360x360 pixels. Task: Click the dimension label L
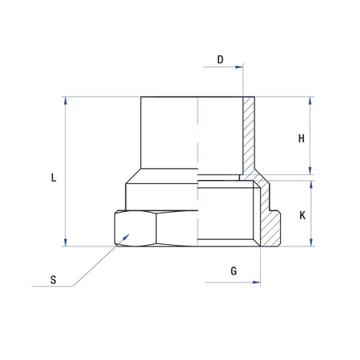[x=53, y=178]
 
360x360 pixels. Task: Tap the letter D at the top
[x=220, y=60]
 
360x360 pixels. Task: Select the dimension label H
[x=302, y=138]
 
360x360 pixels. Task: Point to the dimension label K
[x=302, y=215]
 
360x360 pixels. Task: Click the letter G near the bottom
[x=234, y=270]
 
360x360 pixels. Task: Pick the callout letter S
[x=53, y=280]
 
